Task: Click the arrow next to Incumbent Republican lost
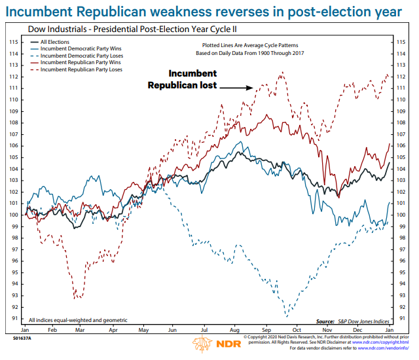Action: pyautogui.click(x=236, y=86)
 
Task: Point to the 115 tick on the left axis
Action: pyautogui.click(x=14, y=42)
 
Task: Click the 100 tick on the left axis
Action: pyautogui.click(x=14, y=215)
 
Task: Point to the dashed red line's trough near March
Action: pyautogui.click(x=78, y=298)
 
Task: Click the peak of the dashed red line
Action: pyautogui.click(x=282, y=73)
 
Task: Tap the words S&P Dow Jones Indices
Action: pyautogui.click(x=365, y=321)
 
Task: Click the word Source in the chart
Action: pyautogui.click(x=326, y=321)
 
